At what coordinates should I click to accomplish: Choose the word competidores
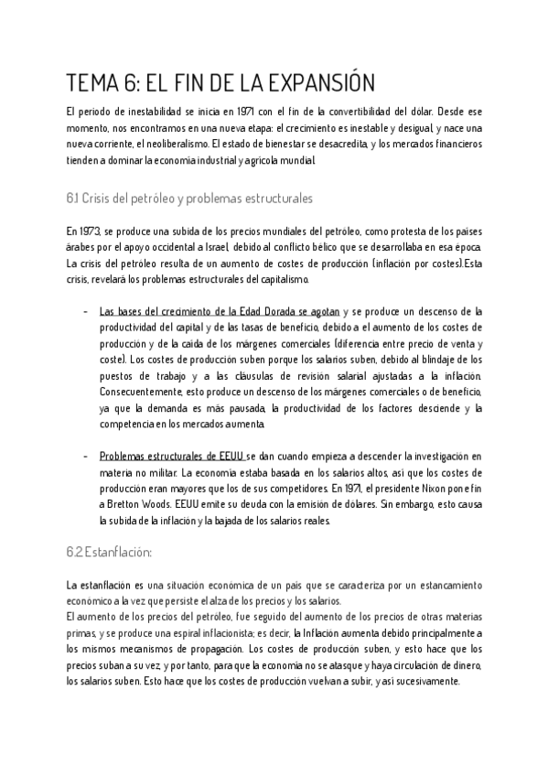[291, 488]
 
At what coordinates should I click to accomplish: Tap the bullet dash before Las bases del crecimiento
[85, 311]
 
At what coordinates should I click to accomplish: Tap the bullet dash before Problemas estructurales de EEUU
[85, 455]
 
